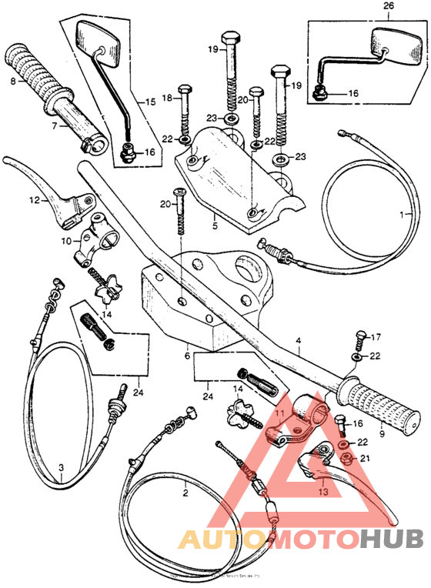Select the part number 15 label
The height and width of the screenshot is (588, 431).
tap(151, 101)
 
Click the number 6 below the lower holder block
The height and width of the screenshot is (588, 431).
tap(187, 356)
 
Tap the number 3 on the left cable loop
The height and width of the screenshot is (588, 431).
tap(62, 467)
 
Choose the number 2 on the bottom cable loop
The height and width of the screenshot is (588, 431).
tap(185, 488)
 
